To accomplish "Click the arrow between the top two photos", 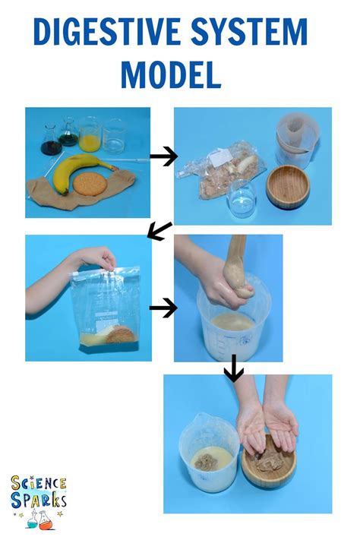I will tap(163, 156).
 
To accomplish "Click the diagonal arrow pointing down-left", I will tap(159, 231).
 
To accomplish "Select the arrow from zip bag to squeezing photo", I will tap(163, 308).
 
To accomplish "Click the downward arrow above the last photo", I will tap(233, 370).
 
